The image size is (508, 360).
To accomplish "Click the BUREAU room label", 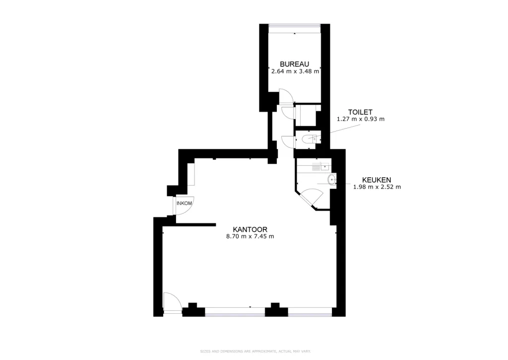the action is [x=295, y=64].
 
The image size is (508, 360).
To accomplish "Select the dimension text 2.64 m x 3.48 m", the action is [x=295, y=72].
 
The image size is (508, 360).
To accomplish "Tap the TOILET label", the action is [x=360, y=112].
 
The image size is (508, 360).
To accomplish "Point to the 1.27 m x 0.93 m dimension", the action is [x=361, y=119].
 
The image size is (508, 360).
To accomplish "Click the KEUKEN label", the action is [x=377, y=180].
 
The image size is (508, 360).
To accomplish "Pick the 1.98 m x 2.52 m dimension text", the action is [x=377, y=187].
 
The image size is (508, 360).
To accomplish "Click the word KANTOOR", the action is [x=250, y=229].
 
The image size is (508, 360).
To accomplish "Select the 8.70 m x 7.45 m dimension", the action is [x=250, y=236].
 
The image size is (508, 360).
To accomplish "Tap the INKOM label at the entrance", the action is [x=184, y=204].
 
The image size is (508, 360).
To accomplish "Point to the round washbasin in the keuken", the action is [x=332, y=180].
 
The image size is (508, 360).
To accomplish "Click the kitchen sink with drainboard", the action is [x=320, y=167].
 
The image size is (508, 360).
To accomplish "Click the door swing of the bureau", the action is [x=286, y=96].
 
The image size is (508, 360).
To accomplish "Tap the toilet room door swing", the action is [x=288, y=142].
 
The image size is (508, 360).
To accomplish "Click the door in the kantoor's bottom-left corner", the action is [x=172, y=302].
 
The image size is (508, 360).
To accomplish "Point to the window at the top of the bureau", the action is [x=295, y=25].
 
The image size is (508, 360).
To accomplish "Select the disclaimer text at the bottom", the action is [x=255, y=351].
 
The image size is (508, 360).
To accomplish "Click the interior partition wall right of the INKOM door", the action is [x=195, y=224].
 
